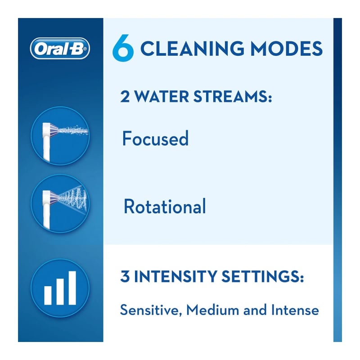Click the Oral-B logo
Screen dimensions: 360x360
coord(60,49)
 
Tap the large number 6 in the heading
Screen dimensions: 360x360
coord(123,49)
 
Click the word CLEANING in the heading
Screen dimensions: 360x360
coord(194,49)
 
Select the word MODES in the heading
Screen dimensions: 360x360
coord(288,49)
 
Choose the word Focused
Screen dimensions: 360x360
coord(155,139)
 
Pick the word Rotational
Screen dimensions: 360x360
coord(165,207)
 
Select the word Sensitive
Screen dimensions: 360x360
coord(148,310)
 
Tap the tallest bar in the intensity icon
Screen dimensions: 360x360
coord(72,288)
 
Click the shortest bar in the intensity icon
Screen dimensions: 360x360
coord(48,295)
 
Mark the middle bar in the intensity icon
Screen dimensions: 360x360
coord(60,291)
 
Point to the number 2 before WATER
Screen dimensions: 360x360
coord(125,97)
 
